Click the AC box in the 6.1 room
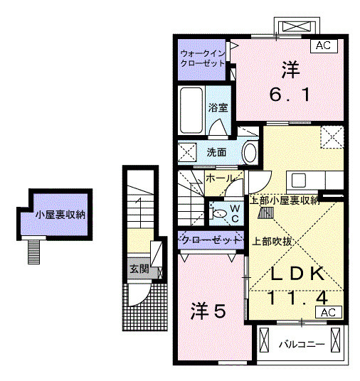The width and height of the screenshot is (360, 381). click(x=323, y=45)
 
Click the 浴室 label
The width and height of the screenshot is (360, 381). click(x=218, y=108)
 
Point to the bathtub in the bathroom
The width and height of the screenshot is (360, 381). click(x=191, y=109)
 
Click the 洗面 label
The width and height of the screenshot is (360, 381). click(x=216, y=152)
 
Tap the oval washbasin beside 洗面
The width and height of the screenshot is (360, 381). click(x=250, y=152)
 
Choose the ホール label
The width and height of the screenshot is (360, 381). click(x=219, y=179)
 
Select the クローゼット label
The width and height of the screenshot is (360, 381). click(x=210, y=240)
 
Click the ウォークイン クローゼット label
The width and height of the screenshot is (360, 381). click(x=202, y=58)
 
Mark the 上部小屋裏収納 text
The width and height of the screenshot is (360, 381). click(x=283, y=201)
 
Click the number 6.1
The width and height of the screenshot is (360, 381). click(x=290, y=94)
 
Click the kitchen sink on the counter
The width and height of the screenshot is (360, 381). click(x=297, y=180)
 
